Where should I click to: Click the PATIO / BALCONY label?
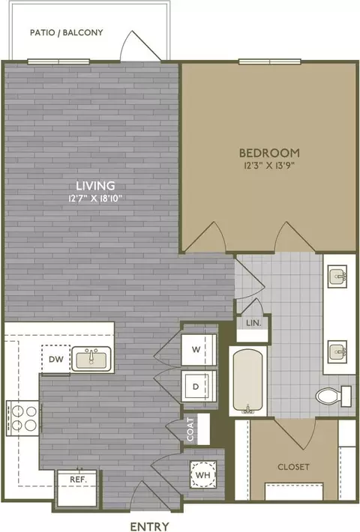67,32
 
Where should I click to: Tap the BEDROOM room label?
269,153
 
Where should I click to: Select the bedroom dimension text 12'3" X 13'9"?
268,166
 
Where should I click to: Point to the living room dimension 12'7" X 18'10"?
95,198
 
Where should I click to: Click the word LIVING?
95,186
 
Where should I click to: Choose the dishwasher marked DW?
56,359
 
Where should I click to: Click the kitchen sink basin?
91,359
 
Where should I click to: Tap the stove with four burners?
22,418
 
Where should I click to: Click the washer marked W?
199,349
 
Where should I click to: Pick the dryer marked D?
199,387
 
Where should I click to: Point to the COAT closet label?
190,429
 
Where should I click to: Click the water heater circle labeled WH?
203,474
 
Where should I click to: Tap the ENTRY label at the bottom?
150,526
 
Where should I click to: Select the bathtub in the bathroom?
248,381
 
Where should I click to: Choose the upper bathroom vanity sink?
337,276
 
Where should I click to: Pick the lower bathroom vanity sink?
337,351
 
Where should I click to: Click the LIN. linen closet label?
253,323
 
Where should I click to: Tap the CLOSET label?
293,467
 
